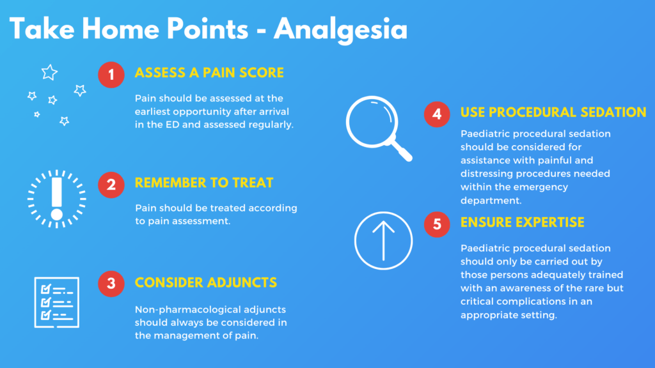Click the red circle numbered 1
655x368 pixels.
click(x=111, y=75)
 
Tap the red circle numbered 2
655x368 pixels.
click(x=111, y=185)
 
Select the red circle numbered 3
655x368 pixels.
click(x=111, y=284)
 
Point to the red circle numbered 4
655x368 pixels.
click(x=437, y=114)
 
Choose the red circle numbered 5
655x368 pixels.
click(x=437, y=224)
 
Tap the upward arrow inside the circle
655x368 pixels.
click(x=384, y=241)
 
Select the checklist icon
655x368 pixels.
click(x=57, y=302)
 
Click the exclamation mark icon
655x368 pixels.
click(x=57, y=199)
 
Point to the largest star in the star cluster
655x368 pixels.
click(x=49, y=73)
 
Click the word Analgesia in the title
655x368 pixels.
click(x=340, y=30)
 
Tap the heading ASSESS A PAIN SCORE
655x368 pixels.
click(x=209, y=73)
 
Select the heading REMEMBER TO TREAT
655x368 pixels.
click(x=204, y=183)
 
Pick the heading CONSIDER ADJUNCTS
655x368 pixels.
click(x=205, y=282)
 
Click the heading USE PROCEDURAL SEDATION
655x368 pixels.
click(x=553, y=112)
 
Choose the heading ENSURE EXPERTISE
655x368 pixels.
click(x=522, y=222)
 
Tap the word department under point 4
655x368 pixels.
click(x=491, y=201)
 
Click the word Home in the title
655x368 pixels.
click(x=121, y=29)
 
